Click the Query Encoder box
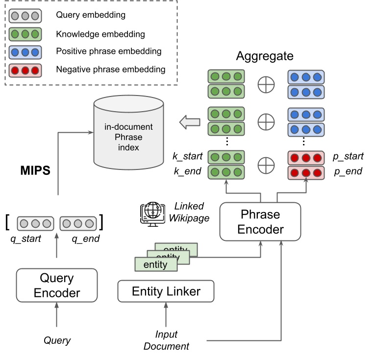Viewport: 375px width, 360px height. coord(56,286)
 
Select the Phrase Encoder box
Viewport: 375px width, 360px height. coord(260,222)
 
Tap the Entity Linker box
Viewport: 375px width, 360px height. coord(166,291)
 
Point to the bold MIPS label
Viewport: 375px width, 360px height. coord(36,171)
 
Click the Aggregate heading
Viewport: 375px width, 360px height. coord(265,56)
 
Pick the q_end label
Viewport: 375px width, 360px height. coord(85,239)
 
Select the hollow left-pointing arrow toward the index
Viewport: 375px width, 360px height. coord(190,122)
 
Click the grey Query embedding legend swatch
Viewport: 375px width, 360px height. coord(25,15)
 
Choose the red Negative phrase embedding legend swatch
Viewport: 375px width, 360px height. coord(25,70)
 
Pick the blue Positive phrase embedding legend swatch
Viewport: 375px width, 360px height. coord(25,51)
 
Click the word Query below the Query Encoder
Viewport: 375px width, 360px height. coord(57,340)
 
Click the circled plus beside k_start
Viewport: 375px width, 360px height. coord(266,165)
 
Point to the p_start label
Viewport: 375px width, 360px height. coord(347,157)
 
